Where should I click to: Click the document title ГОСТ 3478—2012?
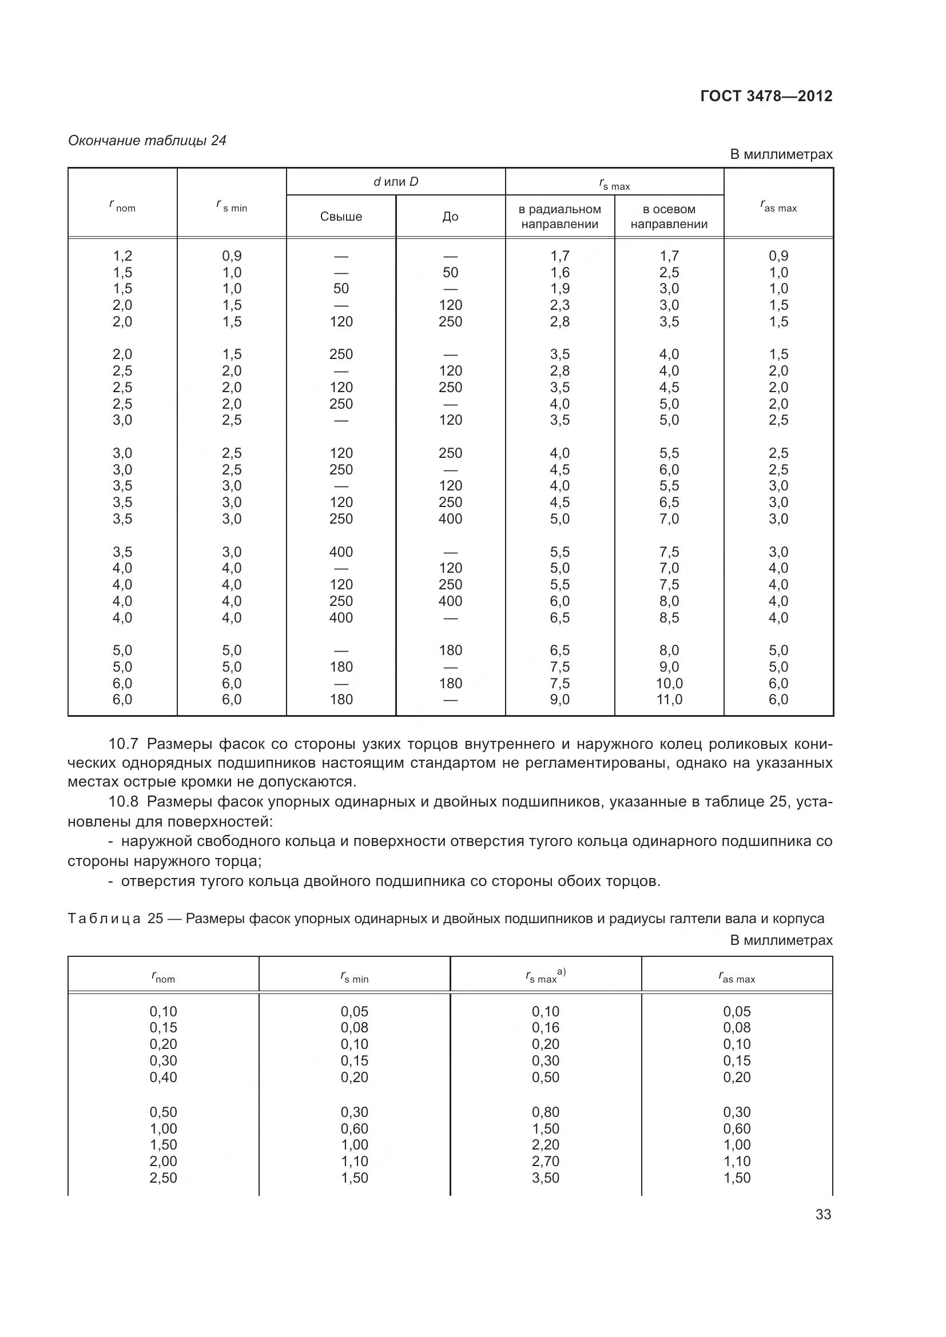click(766, 96)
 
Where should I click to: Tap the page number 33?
click(823, 1214)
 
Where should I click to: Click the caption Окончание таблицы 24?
click(147, 141)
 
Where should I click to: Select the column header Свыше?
click(341, 217)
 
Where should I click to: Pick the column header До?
click(450, 217)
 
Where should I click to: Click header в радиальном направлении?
click(559, 217)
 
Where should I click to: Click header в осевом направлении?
click(669, 217)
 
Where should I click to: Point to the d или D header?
click(396, 182)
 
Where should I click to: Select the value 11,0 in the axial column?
click(669, 699)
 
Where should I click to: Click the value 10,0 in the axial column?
click(669, 683)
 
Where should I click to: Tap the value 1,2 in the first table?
click(122, 256)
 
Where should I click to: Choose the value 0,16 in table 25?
click(545, 1028)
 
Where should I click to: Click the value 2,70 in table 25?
click(545, 1161)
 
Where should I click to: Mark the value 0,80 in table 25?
click(545, 1112)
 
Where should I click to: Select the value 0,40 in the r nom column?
click(163, 1077)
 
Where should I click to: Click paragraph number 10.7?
click(124, 744)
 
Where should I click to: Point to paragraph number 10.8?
click(124, 802)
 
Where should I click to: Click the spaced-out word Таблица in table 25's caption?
click(104, 919)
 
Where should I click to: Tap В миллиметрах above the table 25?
click(781, 940)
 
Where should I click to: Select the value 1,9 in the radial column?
click(559, 289)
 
